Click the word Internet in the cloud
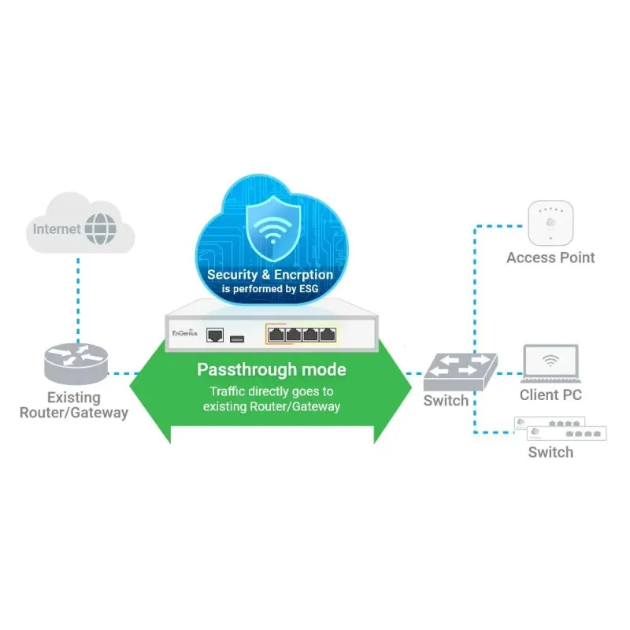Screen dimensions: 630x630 (x=57, y=229)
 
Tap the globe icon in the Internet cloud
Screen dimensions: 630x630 (x=100, y=229)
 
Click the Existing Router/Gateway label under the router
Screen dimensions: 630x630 (x=74, y=405)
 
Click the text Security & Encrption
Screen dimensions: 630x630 (x=270, y=275)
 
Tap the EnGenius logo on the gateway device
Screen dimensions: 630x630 (x=184, y=334)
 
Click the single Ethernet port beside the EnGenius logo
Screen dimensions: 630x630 (x=214, y=335)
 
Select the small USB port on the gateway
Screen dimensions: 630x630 (x=237, y=338)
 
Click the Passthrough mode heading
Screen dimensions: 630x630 (x=271, y=370)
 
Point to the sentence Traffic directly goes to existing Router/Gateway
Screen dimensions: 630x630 (x=271, y=398)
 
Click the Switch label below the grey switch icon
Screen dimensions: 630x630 (x=446, y=401)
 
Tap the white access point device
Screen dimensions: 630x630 (x=550, y=223)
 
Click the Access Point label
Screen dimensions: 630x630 (x=550, y=258)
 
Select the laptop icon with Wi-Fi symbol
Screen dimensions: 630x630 (x=550, y=363)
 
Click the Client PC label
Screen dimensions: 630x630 (x=550, y=395)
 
